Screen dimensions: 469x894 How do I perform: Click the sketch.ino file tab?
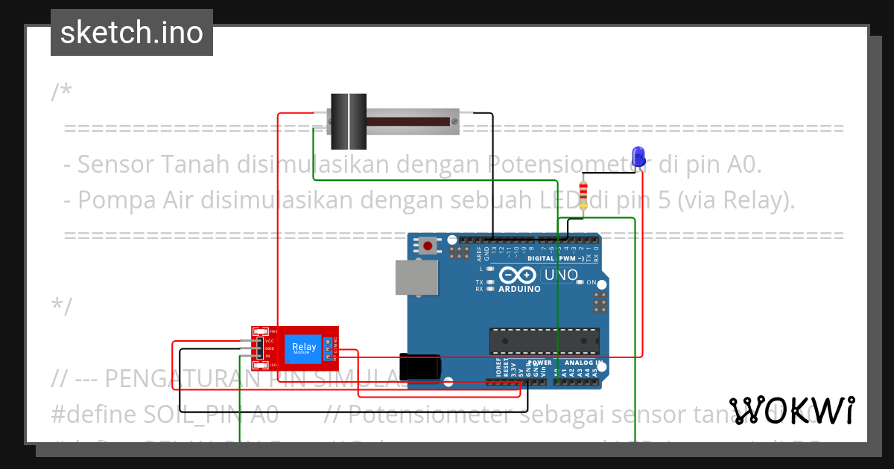click(131, 33)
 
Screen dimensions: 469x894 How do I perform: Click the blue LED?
click(638, 156)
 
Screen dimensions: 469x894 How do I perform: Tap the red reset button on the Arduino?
click(428, 244)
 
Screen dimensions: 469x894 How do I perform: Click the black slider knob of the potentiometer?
click(349, 121)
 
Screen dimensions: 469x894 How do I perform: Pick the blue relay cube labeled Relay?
click(304, 348)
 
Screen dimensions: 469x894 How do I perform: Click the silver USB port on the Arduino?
click(416, 277)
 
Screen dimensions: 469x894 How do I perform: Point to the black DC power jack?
click(421, 366)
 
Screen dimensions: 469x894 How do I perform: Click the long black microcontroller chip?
click(544, 340)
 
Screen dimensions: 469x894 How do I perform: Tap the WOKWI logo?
click(792, 411)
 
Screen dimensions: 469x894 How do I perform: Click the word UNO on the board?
click(561, 275)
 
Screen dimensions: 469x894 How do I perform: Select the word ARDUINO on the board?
click(519, 289)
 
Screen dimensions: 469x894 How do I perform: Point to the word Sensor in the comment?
click(115, 163)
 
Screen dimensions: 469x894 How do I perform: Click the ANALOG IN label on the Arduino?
click(584, 363)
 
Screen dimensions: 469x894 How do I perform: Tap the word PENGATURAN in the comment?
click(163, 379)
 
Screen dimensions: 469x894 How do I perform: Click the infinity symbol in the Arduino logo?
click(518, 275)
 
